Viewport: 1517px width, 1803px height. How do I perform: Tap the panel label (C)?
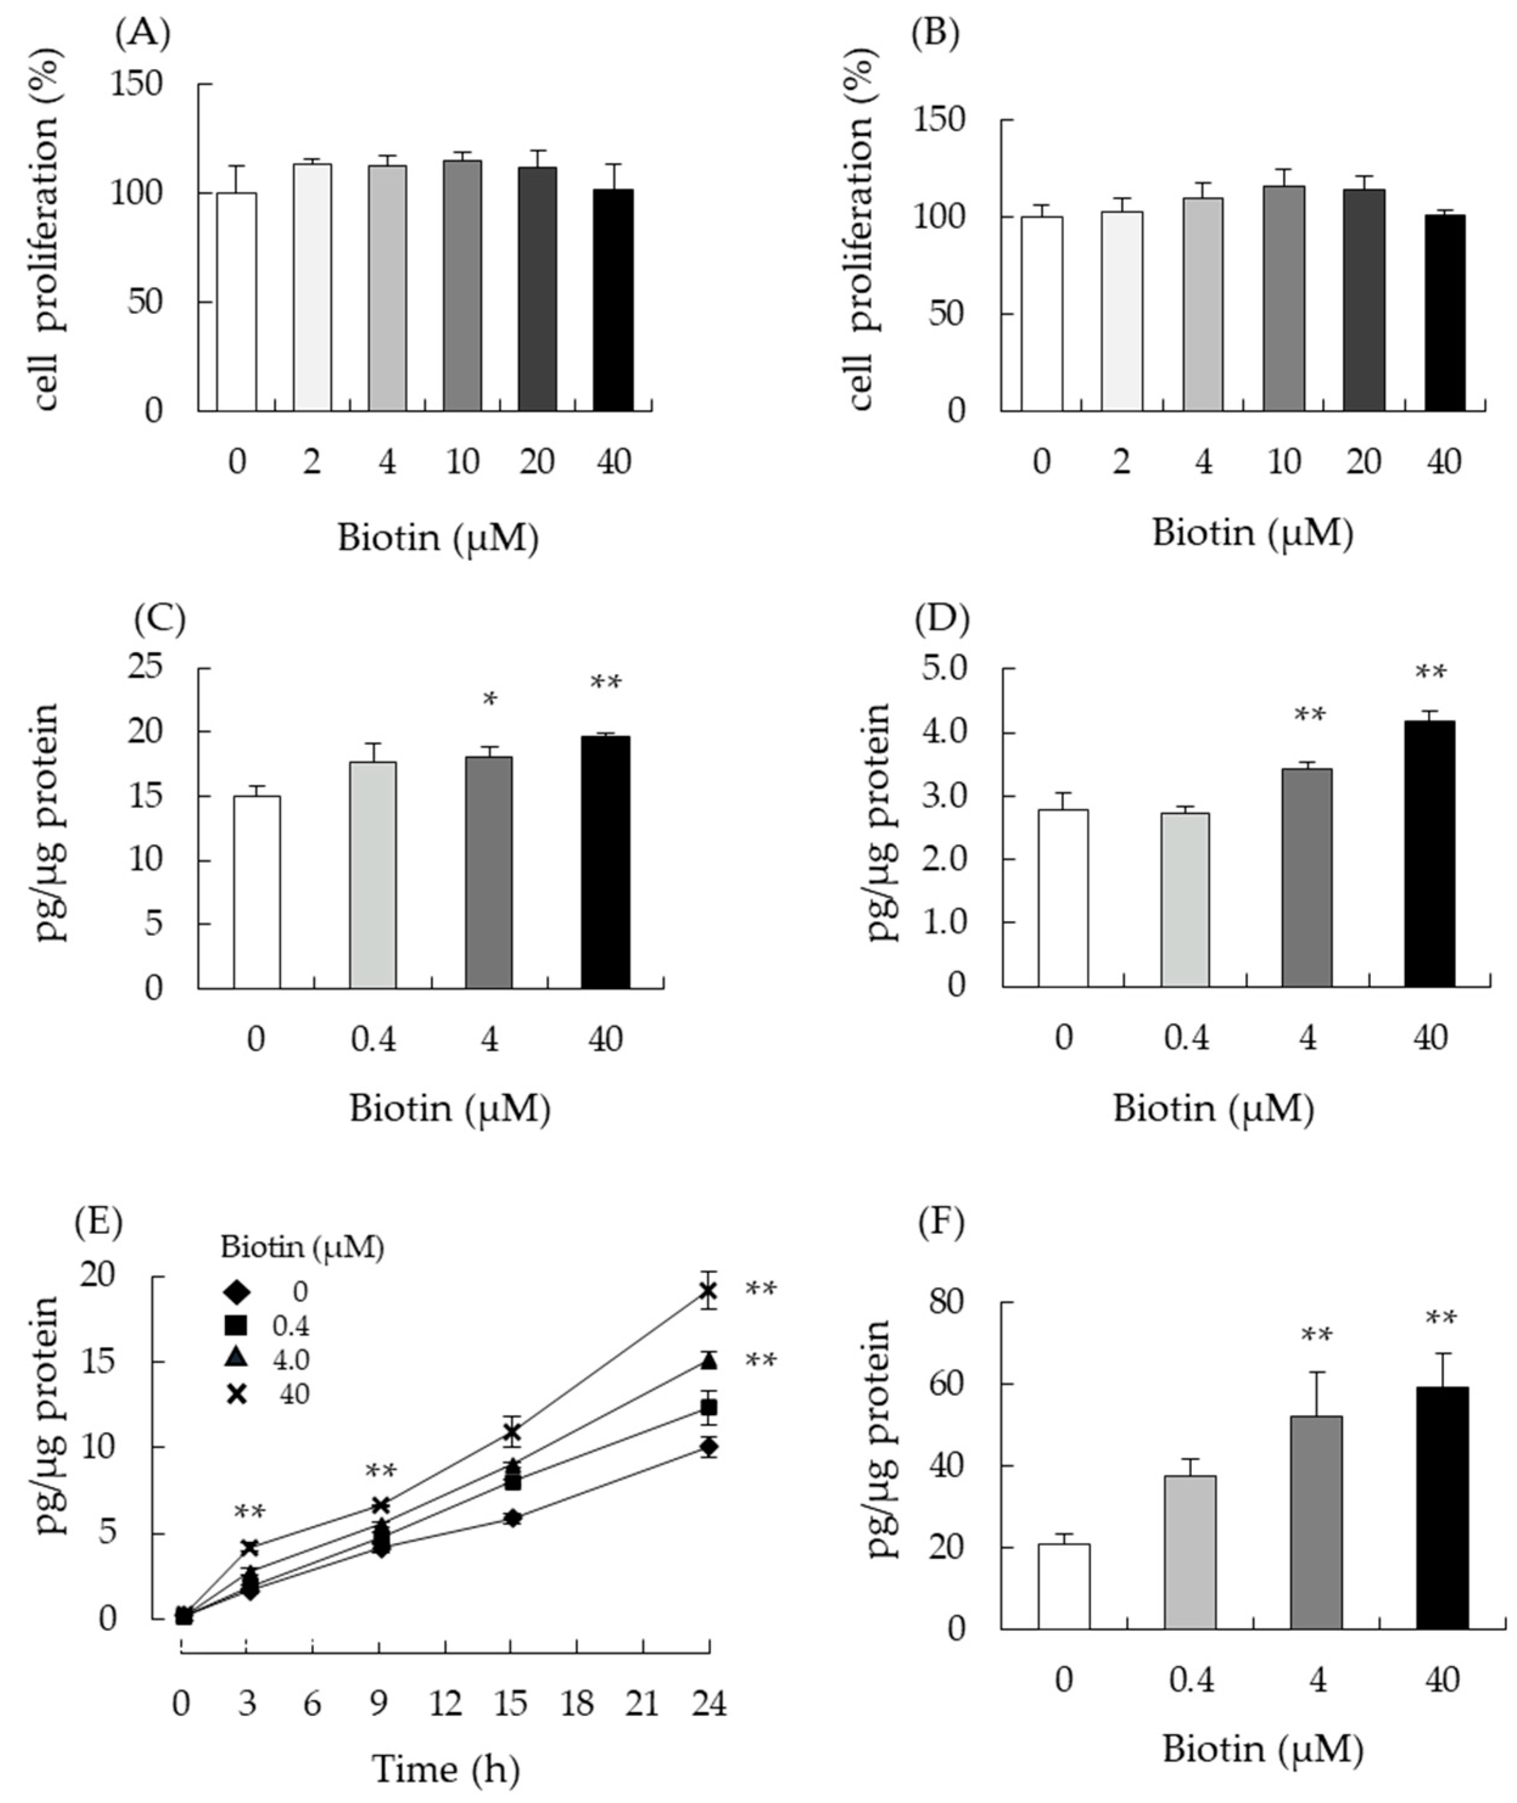[160, 618]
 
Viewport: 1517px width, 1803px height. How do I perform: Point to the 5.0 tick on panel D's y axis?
[944, 669]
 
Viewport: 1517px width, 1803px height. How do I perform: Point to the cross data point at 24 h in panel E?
[708, 1291]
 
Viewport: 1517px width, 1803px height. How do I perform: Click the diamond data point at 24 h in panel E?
[709, 1447]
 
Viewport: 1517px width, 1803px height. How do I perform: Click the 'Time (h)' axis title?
[446, 1768]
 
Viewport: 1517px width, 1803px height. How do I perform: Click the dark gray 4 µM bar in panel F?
[1316, 1521]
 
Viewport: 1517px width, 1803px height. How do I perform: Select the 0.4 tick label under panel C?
[373, 1041]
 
